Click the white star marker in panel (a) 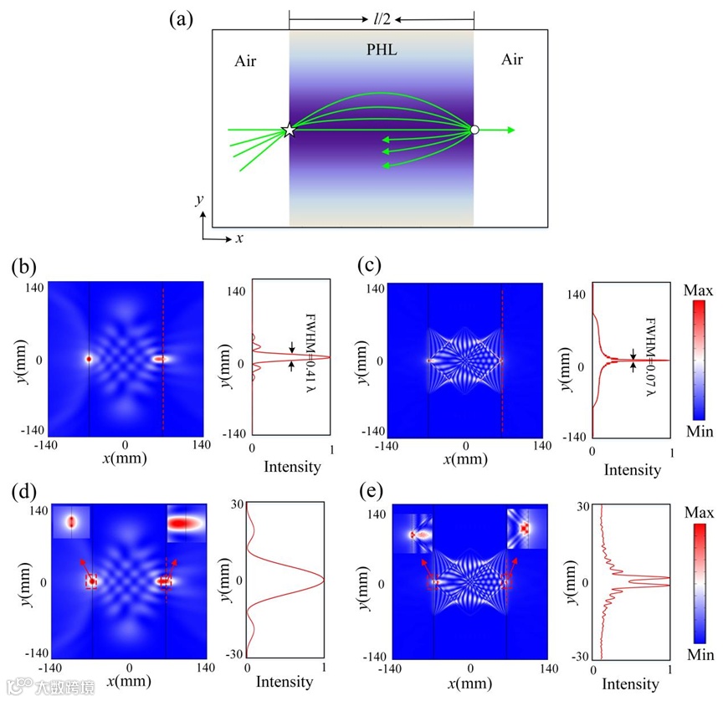coord(289,130)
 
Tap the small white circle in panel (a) coord(474,130)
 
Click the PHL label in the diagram coord(382,50)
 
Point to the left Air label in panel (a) coord(245,61)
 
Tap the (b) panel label coord(23,268)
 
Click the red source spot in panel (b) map coord(88,359)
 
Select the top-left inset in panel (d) coord(71,522)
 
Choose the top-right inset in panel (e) coord(526,529)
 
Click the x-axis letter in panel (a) coord(239,238)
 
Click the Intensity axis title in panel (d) coord(284,682)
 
